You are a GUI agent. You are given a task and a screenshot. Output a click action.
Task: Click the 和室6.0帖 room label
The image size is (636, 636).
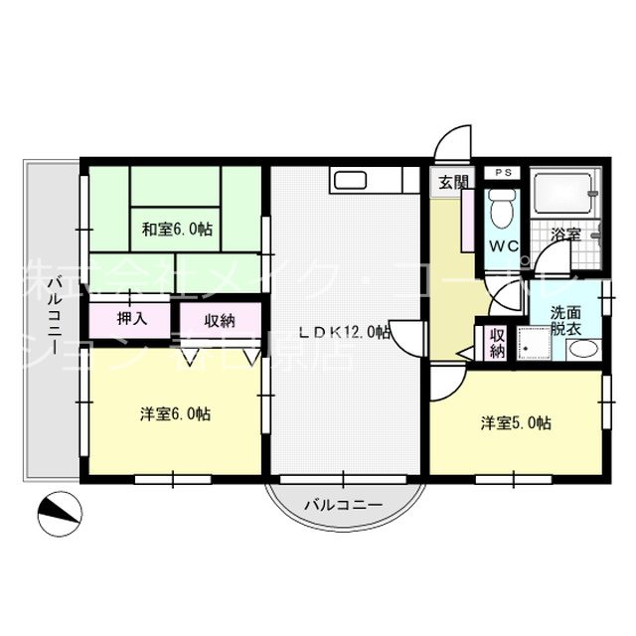pyautogui.click(x=175, y=230)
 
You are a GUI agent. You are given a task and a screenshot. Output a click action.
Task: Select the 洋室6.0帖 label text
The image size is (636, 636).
pyautogui.click(x=175, y=413)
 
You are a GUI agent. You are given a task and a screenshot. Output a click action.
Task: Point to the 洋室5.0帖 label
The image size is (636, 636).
pyautogui.click(x=516, y=423)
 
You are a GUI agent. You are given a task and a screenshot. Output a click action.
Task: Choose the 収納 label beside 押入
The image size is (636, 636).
pyautogui.click(x=221, y=320)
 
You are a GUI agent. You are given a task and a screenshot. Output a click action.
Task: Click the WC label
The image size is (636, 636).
pyautogui.click(x=500, y=246)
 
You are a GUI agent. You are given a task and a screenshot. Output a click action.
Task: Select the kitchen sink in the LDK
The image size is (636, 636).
pyautogui.click(x=351, y=180)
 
